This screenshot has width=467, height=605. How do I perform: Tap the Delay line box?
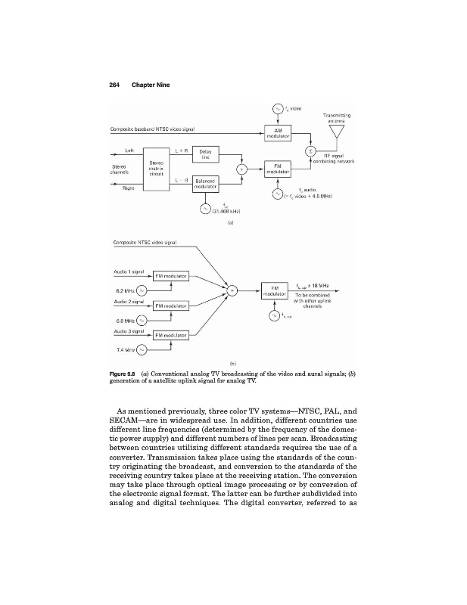[205, 154]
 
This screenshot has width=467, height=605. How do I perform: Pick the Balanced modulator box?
[205, 184]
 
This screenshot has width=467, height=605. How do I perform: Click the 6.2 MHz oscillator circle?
[142, 290]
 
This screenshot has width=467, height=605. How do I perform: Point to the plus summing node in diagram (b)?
[232, 290]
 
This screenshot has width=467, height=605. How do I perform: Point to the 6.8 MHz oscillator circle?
[142, 320]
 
